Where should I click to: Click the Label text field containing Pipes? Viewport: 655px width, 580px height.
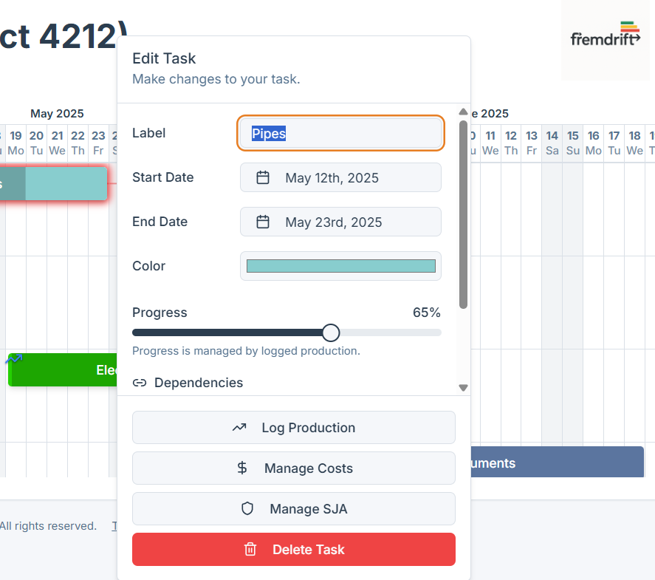tap(340, 134)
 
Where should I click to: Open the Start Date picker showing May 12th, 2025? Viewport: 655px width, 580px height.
tap(340, 178)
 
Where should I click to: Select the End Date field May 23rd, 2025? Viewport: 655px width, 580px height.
tap(340, 222)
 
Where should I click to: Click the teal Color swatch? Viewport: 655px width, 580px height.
tap(340, 266)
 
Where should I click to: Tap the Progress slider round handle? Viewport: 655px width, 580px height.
tap(331, 332)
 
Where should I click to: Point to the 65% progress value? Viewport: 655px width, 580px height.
tap(426, 313)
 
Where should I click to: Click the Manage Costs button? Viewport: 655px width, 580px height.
tap(293, 468)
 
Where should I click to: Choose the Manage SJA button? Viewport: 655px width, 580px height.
tap(293, 509)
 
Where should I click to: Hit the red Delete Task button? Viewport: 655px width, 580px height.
tap(293, 550)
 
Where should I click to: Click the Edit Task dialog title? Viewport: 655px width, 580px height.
tap(164, 58)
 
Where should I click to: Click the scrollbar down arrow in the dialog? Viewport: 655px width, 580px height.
tap(463, 387)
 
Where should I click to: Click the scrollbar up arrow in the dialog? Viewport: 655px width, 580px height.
tap(463, 112)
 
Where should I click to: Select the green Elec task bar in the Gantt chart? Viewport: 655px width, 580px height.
tap(63, 370)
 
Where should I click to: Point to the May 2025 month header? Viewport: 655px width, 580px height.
tap(57, 114)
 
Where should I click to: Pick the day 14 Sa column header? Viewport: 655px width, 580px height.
tap(552, 143)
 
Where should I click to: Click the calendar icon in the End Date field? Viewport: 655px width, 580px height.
tap(262, 222)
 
